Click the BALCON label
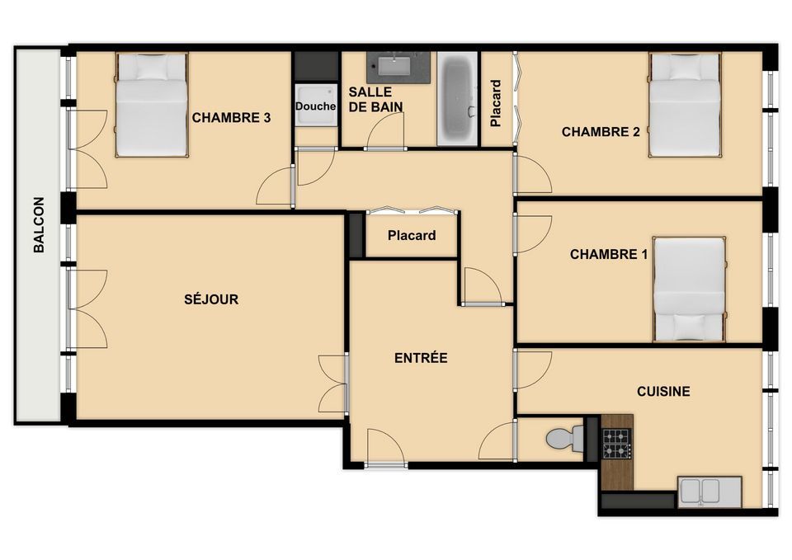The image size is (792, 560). tap(39, 224)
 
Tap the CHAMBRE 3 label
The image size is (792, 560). tap(231, 118)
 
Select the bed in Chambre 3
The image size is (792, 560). tap(152, 105)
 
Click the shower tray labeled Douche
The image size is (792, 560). tap(316, 105)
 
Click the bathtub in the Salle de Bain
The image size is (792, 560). tap(457, 98)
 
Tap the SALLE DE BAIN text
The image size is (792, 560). tap(376, 99)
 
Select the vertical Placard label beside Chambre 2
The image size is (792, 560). tap(496, 103)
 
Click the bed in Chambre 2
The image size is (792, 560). tap(685, 105)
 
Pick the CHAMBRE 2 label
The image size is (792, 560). tap(601, 132)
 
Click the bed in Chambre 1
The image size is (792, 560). tap(690, 289)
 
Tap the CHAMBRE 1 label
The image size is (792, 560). tap(609, 254)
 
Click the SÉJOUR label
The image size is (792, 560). tap(211, 299)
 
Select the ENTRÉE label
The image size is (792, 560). tap(421, 358)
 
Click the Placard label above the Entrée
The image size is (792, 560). tap(412, 235)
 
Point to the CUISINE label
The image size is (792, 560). tap(663, 392)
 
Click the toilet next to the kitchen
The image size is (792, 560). tap(564, 438)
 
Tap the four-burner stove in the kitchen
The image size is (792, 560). tap(617, 444)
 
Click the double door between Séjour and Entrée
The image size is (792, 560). tap(334, 384)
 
